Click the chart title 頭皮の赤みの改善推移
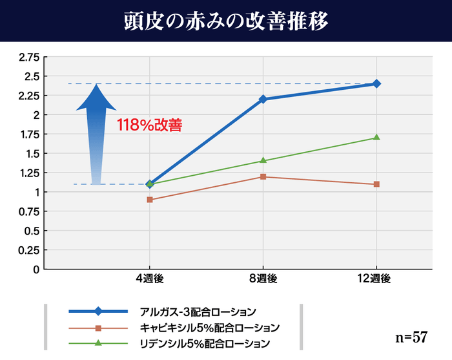(x=226, y=21)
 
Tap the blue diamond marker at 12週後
(x=376, y=83)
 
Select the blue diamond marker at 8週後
(x=263, y=99)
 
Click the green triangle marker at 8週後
(x=263, y=160)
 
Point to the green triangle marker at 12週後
(x=376, y=138)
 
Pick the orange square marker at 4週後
(x=150, y=200)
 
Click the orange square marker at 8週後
(x=263, y=176)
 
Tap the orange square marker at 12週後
(x=376, y=184)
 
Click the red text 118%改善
(x=149, y=125)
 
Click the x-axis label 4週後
(x=150, y=279)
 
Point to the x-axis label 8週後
(x=263, y=279)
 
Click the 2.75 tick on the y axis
(x=28, y=57)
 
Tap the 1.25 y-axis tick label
(x=28, y=173)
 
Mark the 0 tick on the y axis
(x=36, y=269)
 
